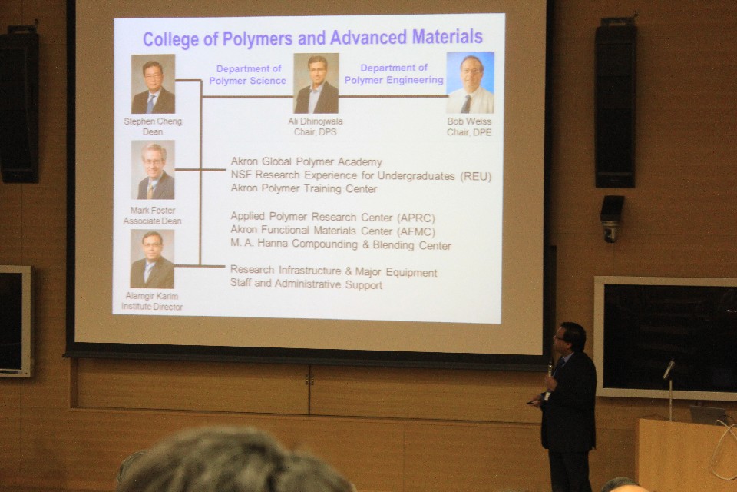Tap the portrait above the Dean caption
click(x=154, y=84)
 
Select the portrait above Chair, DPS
click(x=316, y=83)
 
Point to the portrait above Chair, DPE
click(x=470, y=82)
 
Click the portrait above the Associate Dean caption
click(x=153, y=170)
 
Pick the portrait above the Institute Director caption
click(x=152, y=259)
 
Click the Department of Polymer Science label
click(x=248, y=75)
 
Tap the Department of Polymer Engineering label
click(x=394, y=74)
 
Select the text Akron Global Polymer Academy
click(x=306, y=162)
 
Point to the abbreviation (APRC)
click(x=416, y=218)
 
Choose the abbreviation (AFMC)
click(x=416, y=231)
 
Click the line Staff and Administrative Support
click(x=306, y=284)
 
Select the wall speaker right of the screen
click(x=615, y=103)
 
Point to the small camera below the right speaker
click(x=612, y=218)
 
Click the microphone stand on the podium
click(x=669, y=388)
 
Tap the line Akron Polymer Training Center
click(x=304, y=189)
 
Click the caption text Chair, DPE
click(x=469, y=132)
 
